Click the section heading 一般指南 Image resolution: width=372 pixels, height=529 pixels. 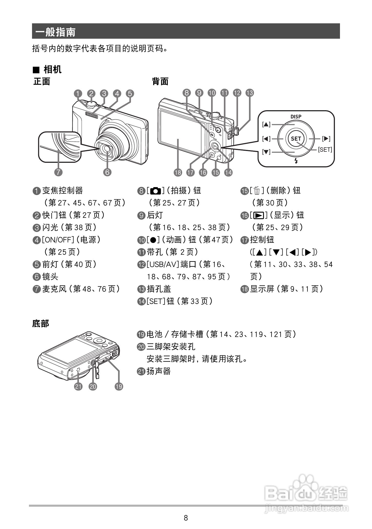click(55, 32)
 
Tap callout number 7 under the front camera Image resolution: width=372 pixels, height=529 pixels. click(58, 172)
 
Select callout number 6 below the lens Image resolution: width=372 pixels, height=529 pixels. click(107, 172)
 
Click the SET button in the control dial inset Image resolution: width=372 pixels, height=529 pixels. click(296, 139)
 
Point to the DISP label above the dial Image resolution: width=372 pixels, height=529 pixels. click(296, 117)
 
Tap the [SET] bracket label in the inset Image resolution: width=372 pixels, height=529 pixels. click(325, 150)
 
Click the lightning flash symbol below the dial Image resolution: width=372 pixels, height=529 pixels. click(296, 161)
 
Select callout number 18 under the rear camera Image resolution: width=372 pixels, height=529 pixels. click(178, 172)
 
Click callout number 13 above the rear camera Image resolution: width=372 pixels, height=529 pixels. click(250, 93)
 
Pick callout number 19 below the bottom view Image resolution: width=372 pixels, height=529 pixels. click(119, 386)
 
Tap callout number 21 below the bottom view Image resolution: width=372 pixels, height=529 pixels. click(78, 386)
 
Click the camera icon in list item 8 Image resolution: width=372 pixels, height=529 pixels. click(156, 191)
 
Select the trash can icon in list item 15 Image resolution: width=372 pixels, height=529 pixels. click(257, 191)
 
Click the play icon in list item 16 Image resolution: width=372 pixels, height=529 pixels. click(259, 216)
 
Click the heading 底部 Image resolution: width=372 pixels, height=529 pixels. click(40, 323)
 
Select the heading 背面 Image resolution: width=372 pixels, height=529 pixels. click(160, 82)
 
